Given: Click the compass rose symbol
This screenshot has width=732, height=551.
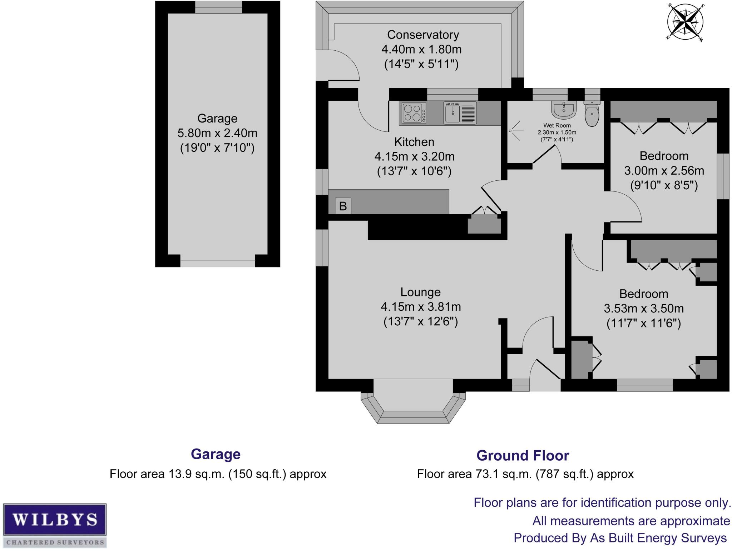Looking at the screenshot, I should coord(685,22).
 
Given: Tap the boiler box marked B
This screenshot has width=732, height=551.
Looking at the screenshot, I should coord(343,206).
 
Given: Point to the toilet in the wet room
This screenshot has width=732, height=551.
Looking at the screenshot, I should coord(592,114).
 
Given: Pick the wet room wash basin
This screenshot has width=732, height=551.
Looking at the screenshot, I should coord(564,109).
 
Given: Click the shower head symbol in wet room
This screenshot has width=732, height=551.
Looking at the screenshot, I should coord(515,131).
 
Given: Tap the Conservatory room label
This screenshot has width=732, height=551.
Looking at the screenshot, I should coord(423,35).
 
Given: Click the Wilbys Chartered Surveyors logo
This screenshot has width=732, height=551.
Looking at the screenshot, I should coord(55,525).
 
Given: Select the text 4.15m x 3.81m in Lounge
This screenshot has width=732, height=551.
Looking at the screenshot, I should coord(421,307).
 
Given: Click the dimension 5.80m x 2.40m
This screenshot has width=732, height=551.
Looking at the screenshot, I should coord(217,133).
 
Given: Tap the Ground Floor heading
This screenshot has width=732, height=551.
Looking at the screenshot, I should coord(523,456).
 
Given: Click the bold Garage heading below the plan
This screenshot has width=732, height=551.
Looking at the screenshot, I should coord(216,454).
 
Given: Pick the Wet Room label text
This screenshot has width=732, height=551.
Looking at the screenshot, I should coord(557,125).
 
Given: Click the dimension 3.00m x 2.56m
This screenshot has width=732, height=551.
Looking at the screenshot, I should coord(664,171).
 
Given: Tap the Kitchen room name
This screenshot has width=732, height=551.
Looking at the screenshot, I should coord(414,142).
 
